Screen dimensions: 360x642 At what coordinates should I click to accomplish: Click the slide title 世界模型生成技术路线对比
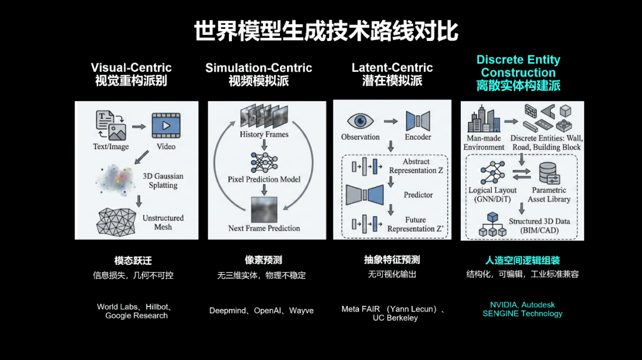[x=326, y=31]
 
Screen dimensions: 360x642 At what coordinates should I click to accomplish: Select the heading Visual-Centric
[x=131, y=68]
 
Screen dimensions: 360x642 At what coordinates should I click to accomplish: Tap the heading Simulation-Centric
[x=259, y=68]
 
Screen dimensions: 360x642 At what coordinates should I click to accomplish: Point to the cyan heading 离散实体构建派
[x=518, y=86]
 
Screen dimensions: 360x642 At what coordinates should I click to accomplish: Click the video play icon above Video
[x=166, y=126]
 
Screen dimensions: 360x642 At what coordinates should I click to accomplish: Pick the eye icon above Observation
[x=360, y=121]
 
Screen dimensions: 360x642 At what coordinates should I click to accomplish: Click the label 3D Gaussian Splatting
[x=163, y=181]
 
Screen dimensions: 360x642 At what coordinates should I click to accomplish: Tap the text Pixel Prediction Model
[x=264, y=179]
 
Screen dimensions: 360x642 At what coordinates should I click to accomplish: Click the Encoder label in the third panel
[x=418, y=137]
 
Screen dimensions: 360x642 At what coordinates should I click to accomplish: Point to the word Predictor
[x=418, y=195]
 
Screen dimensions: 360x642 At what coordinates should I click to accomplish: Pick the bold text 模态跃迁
[x=133, y=260]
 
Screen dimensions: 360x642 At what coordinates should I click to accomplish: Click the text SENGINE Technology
[x=522, y=314]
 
